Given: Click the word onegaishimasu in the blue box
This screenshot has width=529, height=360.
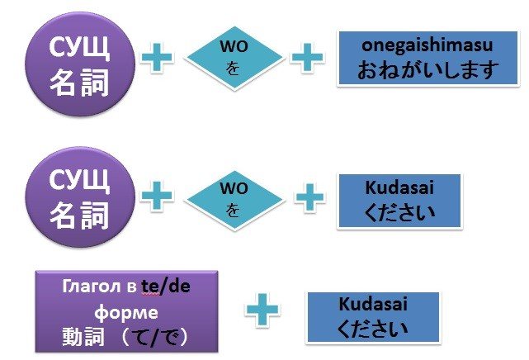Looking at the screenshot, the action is [427, 45].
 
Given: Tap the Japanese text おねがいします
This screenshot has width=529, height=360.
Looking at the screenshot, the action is [427, 70].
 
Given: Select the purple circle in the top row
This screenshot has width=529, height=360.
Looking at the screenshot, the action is [80, 64].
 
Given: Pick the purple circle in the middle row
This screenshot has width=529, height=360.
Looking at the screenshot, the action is [80, 197].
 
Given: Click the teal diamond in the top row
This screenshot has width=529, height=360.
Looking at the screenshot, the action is [234, 58].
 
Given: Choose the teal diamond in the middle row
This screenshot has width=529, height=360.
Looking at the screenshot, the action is [234, 201].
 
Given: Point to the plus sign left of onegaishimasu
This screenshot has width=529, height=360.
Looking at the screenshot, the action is [307, 57].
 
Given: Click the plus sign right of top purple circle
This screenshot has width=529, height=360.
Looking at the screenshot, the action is [157, 57].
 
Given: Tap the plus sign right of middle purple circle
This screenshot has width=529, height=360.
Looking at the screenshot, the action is [157, 196].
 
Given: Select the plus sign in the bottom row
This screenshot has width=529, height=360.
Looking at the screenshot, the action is [262, 310].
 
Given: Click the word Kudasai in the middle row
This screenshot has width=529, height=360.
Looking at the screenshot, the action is [399, 187].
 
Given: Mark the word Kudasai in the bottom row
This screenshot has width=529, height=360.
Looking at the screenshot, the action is [373, 303].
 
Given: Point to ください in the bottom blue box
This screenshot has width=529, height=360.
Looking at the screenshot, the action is [372, 329].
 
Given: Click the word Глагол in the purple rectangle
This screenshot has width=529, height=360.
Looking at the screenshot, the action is [92, 287].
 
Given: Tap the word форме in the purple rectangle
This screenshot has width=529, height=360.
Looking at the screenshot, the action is [126, 312].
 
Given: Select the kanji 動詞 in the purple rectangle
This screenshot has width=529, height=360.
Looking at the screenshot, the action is [83, 337].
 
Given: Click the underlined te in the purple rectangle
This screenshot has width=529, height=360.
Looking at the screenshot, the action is [150, 287].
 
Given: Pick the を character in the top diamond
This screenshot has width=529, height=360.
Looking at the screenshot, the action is [233, 69].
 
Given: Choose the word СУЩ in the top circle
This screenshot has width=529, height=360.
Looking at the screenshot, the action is [79, 48].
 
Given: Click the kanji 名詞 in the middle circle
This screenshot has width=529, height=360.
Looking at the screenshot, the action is [79, 216].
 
